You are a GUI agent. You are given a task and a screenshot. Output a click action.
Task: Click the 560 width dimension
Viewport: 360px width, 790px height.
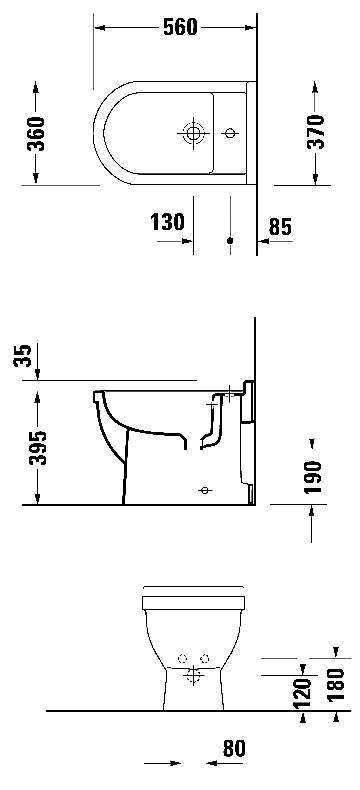pyautogui.click(x=180, y=27)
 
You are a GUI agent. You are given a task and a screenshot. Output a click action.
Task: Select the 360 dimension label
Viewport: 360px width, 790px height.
pyautogui.click(x=36, y=134)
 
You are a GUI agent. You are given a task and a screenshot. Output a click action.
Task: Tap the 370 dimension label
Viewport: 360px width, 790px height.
pyautogui.click(x=316, y=132)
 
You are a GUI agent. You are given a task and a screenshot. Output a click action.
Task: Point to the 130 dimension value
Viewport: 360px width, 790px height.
pyautogui.click(x=168, y=222)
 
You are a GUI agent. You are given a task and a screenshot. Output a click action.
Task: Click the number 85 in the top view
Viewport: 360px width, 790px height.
pyautogui.click(x=280, y=227)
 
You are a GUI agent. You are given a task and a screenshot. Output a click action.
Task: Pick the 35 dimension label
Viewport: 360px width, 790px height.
pyautogui.click(x=23, y=356)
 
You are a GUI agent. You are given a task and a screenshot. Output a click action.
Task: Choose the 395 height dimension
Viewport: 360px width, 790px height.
pyautogui.click(x=37, y=448)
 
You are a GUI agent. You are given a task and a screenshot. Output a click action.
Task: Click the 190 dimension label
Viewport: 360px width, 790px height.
pyautogui.click(x=313, y=477)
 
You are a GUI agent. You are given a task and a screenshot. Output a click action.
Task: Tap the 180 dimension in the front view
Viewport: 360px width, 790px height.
pyautogui.click(x=335, y=684)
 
